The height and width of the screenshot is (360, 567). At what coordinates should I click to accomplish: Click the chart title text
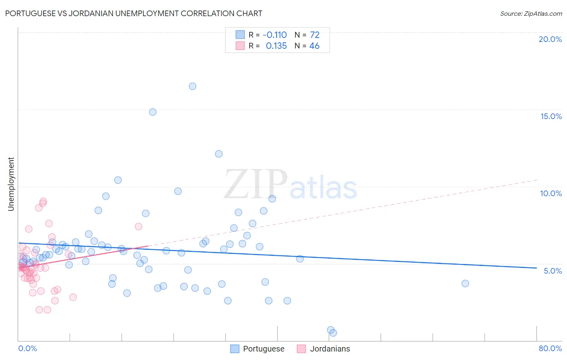(x=133, y=14)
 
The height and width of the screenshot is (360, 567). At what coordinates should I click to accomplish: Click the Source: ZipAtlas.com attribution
(x=531, y=14)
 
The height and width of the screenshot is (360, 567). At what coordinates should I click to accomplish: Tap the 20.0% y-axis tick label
(x=550, y=39)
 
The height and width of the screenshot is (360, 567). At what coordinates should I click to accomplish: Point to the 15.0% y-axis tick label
(x=551, y=116)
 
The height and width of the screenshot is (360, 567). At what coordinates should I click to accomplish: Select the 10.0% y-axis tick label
(x=551, y=193)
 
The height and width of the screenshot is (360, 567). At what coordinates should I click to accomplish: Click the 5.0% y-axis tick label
(x=552, y=271)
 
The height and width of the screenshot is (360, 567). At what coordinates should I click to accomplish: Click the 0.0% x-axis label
(x=27, y=348)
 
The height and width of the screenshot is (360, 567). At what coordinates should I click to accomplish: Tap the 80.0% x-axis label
(x=550, y=348)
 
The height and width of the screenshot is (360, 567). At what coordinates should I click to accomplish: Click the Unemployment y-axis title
(x=11, y=184)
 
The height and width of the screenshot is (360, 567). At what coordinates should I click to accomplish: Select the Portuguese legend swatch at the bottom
(x=235, y=349)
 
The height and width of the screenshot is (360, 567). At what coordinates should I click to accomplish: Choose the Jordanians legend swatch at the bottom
(x=301, y=349)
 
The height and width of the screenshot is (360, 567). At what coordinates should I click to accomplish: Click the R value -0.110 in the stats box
(x=275, y=35)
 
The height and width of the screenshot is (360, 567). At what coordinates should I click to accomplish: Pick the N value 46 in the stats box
(x=314, y=46)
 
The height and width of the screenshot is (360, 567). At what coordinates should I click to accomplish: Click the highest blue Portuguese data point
(x=192, y=86)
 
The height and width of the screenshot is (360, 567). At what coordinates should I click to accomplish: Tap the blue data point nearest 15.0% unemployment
(x=152, y=112)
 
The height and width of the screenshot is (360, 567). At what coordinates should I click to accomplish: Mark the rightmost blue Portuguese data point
(x=465, y=283)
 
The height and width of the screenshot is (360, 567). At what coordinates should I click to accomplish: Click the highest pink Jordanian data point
(x=43, y=201)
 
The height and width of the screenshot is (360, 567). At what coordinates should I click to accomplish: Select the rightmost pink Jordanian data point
(x=138, y=226)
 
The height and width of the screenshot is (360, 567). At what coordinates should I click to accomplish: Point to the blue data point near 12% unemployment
(x=219, y=154)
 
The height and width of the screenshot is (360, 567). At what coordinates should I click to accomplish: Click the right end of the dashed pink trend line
(x=537, y=180)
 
